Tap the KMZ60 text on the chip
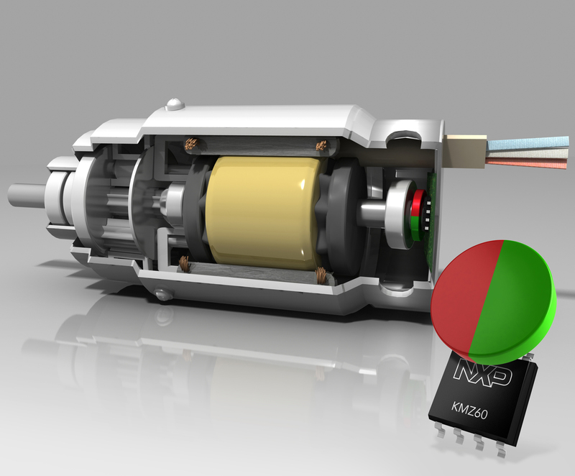pos(469,411)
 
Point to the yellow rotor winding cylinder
pos(262,212)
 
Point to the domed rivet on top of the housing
pos(174,104)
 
